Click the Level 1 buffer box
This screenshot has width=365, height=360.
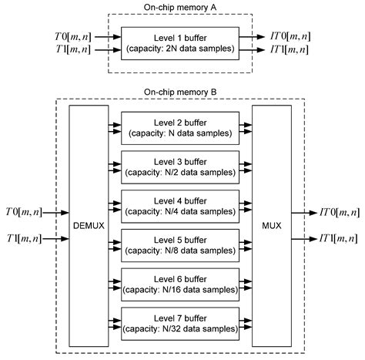click(182, 42)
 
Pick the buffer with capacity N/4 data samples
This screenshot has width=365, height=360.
click(182, 206)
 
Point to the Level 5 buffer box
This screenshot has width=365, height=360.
click(182, 244)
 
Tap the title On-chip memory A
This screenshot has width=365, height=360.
click(182, 6)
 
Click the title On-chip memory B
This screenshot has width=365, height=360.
click(182, 93)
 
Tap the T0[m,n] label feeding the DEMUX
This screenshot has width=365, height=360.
click(24, 212)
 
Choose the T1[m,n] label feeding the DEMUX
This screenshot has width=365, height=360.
click(24, 239)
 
